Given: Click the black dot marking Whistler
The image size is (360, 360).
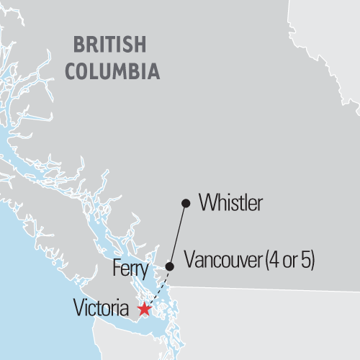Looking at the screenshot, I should tap(186, 204).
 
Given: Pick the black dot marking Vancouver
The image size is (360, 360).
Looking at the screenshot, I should tap(170, 266).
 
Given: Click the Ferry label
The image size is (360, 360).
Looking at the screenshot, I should tap(130, 271).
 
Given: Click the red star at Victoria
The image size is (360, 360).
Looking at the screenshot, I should tap(145, 309).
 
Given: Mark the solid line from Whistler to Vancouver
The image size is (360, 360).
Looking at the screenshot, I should tap(178, 235).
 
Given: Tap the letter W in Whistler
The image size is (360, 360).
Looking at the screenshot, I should tap(207, 204).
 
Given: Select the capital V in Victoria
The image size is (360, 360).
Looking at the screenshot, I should tap(78, 309).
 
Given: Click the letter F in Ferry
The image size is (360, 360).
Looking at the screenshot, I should tap(117, 270).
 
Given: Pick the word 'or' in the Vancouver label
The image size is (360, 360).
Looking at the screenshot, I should tap(287, 260).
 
